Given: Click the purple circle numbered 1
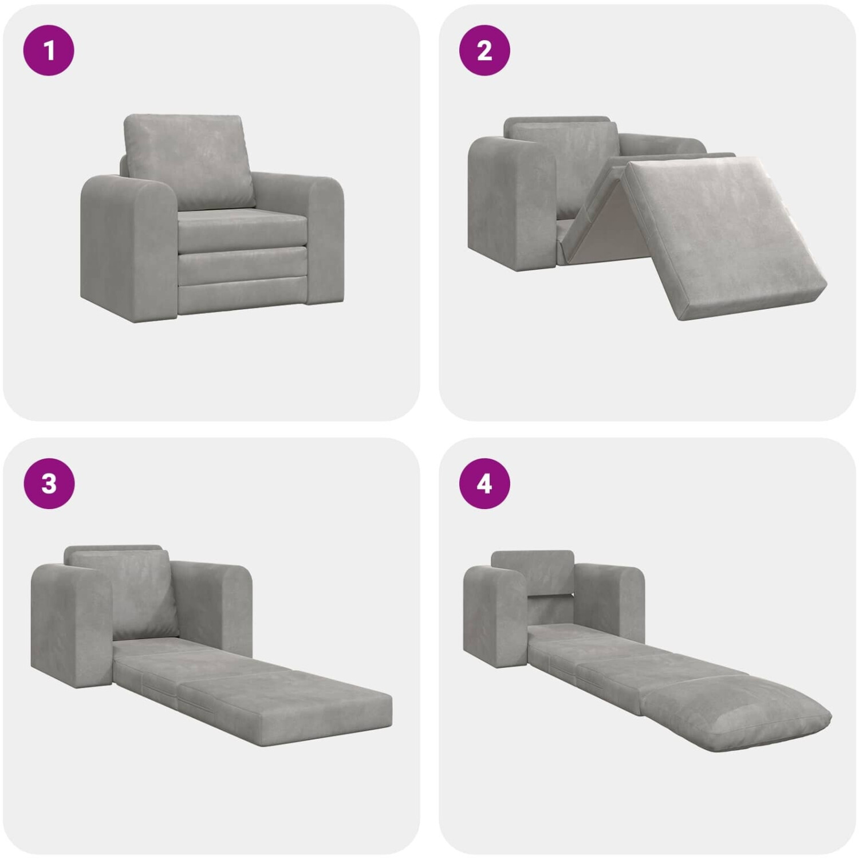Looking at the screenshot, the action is pyautogui.click(x=49, y=50).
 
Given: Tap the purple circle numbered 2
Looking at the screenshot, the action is pyautogui.click(x=484, y=50).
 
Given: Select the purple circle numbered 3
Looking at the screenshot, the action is pyautogui.click(x=49, y=484).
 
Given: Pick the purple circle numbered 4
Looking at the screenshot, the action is pyautogui.click(x=484, y=484).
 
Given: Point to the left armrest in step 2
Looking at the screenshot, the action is pyautogui.click(x=510, y=200).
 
